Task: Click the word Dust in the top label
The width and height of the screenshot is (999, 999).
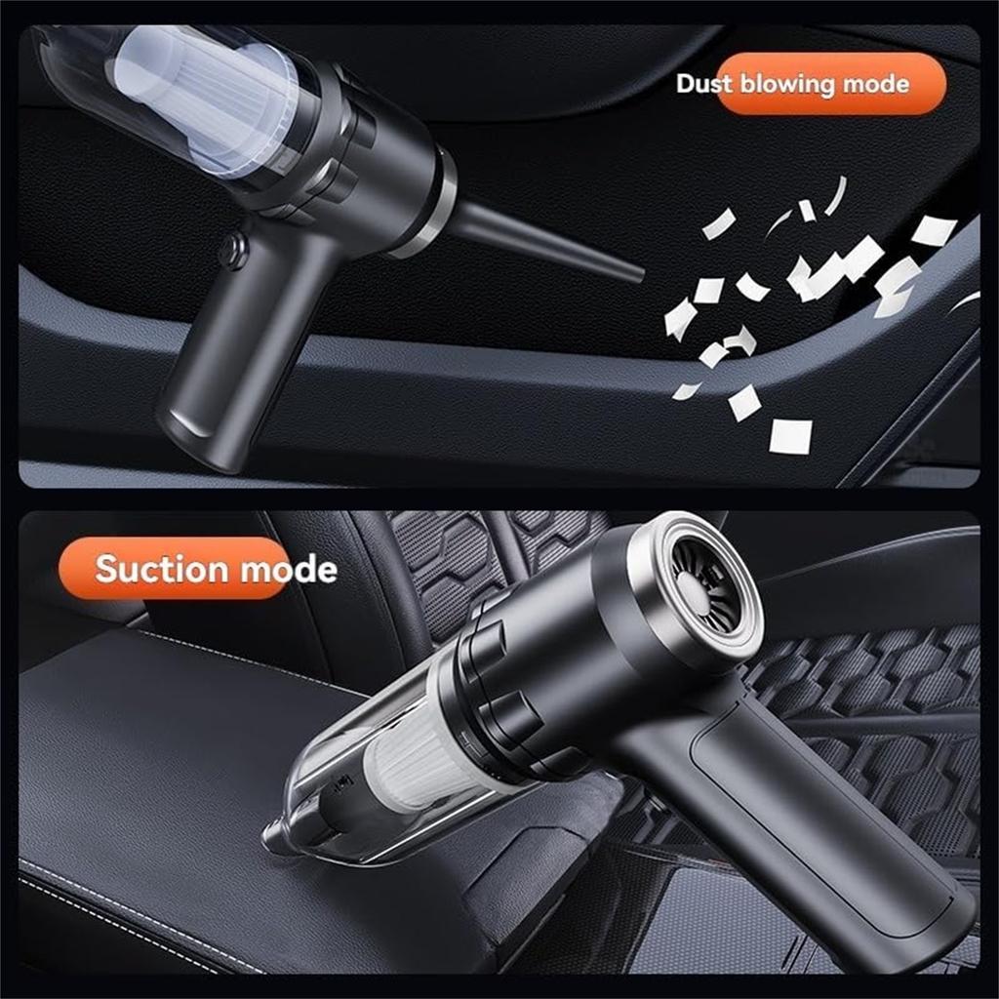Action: pos(704,84)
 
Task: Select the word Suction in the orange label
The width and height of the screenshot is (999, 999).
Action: pos(162,569)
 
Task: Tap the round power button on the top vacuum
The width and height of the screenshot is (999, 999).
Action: pos(232,252)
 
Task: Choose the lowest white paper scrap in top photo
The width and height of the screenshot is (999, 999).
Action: pos(789,436)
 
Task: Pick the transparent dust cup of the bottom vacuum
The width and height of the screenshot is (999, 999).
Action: pos(351,780)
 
